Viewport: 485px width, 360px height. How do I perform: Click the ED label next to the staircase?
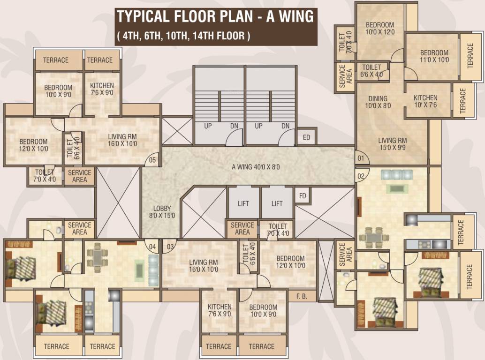tap(307, 137)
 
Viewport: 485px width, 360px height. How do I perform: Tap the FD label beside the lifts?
tap(303, 195)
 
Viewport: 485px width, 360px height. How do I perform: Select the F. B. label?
tap(302, 296)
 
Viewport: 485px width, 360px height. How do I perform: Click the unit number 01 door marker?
tap(360, 158)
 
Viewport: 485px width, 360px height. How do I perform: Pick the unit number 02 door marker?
tap(361, 176)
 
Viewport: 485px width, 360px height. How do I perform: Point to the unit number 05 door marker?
tap(152, 160)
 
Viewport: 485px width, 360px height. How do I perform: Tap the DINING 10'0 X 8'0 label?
tap(378, 102)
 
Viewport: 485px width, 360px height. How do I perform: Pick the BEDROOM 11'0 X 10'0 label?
tap(434, 56)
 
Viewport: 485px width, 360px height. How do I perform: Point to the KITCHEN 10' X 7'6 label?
tap(425, 101)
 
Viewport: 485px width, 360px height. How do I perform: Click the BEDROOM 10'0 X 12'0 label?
tap(379, 29)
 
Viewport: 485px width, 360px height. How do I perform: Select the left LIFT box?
tap(243, 203)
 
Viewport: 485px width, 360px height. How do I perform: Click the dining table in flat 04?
tap(97, 257)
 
